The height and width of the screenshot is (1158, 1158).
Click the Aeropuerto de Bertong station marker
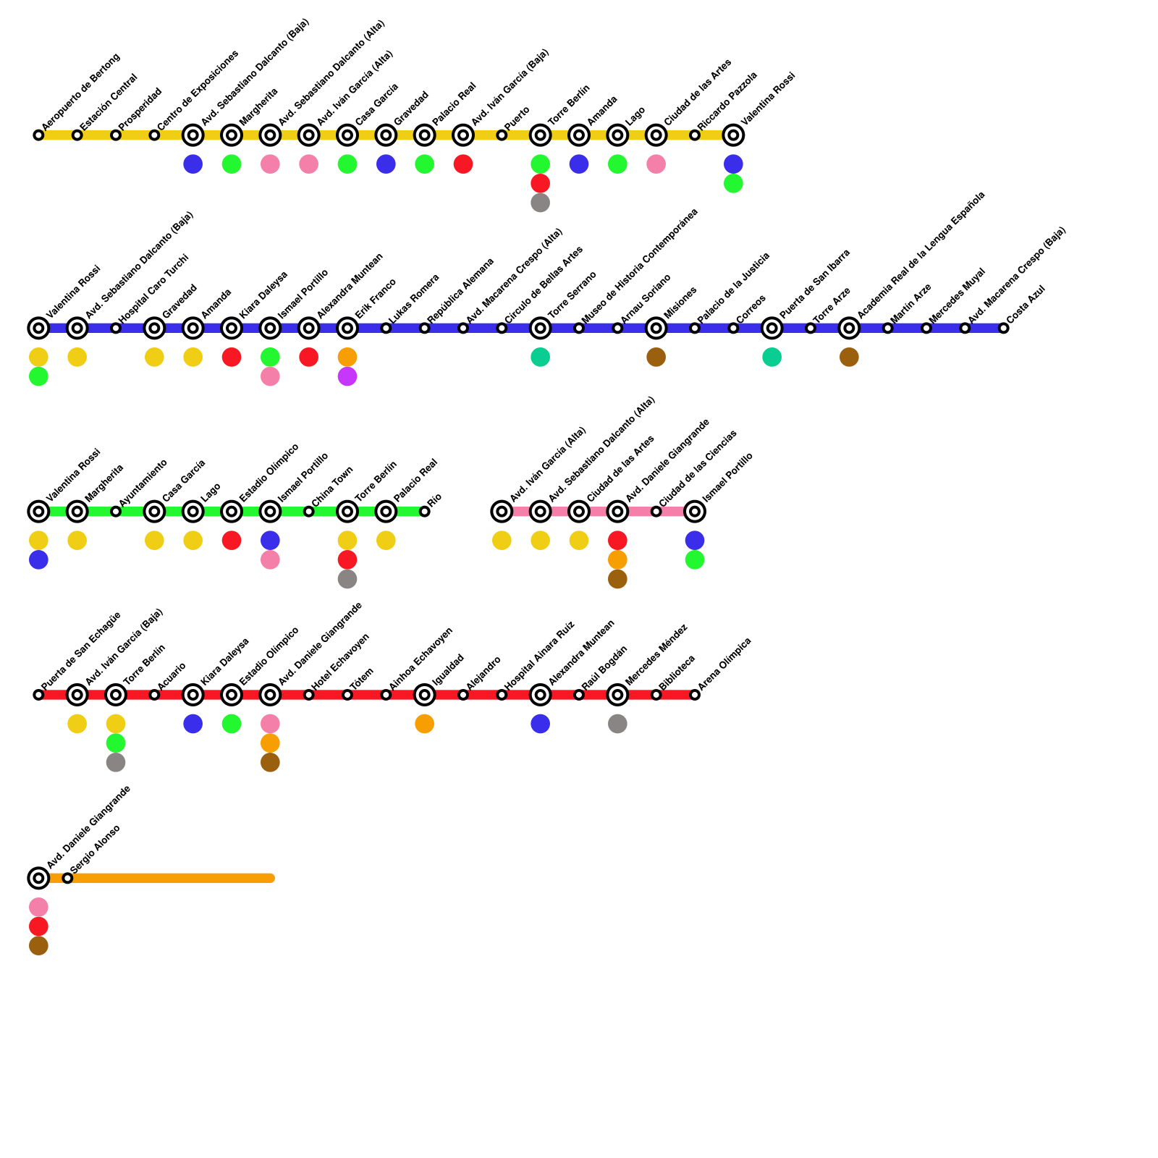pos(38,135)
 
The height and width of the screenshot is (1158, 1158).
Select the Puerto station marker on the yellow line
pos(502,135)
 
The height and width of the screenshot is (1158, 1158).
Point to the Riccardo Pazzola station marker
pos(695,135)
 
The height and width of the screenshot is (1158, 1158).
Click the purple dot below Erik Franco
pos(347,376)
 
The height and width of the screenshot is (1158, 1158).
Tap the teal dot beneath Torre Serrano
pos(540,357)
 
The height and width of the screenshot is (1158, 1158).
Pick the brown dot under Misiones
pos(656,357)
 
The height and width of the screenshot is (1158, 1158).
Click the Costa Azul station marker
pos(1003,329)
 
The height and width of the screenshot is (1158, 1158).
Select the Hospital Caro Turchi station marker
pos(116,329)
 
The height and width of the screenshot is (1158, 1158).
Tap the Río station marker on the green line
pos(424,512)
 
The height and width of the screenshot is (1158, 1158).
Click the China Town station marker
pos(308,512)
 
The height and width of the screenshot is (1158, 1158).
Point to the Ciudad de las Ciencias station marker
pos(656,512)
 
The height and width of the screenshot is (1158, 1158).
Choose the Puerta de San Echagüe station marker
pos(38,695)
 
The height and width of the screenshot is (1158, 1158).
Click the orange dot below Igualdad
pos(424,724)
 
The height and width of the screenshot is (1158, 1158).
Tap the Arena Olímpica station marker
pos(695,695)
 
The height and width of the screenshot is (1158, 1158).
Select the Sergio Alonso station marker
pos(67,878)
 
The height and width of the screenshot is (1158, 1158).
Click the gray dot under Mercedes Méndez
pos(617,724)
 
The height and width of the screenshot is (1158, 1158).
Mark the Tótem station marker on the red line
pos(347,695)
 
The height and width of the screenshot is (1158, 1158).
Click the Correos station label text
pos(751,309)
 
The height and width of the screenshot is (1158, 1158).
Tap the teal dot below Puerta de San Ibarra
pos(772,357)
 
